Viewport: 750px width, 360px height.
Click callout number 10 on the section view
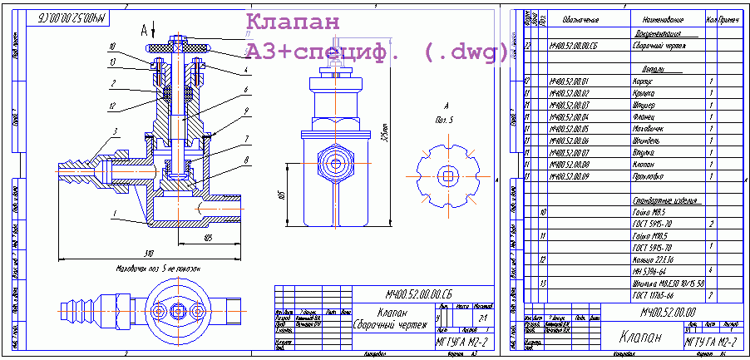tap(112, 47)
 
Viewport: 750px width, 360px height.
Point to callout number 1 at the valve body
tap(111, 213)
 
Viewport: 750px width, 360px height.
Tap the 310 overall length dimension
tap(149, 252)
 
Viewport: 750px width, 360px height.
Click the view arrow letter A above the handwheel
tap(144, 30)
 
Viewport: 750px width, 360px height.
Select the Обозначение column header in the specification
tap(580, 18)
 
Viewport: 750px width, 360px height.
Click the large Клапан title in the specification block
tap(642, 338)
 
